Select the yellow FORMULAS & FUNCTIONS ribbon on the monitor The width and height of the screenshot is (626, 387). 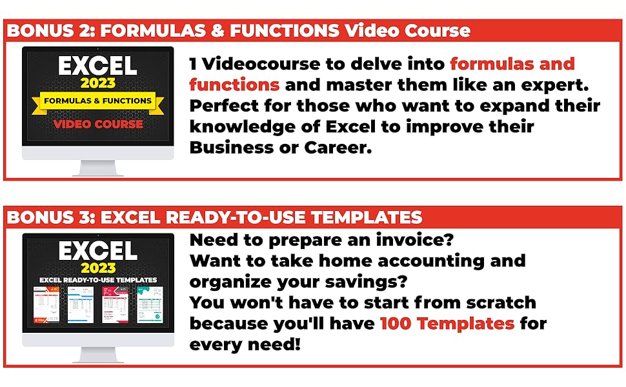click(97, 101)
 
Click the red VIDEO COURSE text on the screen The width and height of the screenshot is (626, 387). click(97, 123)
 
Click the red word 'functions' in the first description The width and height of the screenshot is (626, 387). click(234, 84)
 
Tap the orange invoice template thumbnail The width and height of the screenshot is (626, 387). click(47, 304)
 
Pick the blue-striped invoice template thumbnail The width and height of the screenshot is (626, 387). click(81, 304)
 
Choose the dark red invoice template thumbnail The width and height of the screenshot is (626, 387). click(114, 304)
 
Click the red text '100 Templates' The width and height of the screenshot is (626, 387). click(447, 322)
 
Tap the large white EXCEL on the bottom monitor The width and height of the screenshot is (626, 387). click(97, 251)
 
